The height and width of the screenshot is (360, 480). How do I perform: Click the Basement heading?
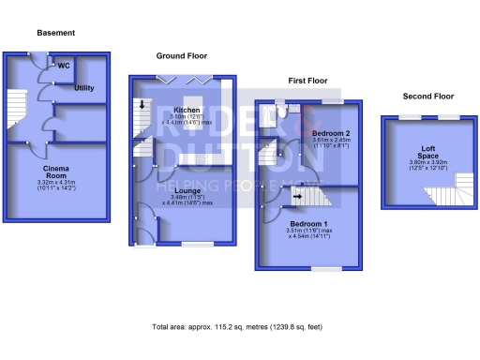pyautogui.click(x=55, y=33)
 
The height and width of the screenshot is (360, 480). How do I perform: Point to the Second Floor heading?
pyautogui.click(x=427, y=96)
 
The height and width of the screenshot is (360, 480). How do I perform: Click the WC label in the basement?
pyautogui.click(x=65, y=66)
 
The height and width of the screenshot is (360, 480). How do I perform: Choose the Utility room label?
pyautogui.click(x=84, y=87)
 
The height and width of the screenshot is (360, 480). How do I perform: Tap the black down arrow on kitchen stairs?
pyautogui.click(x=142, y=104)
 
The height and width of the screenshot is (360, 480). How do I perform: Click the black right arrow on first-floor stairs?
pyautogui.click(x=298, y=197)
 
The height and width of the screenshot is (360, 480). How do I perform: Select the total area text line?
pyautogui.click(x=238, y=327)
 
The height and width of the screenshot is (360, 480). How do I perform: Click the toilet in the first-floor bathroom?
pyautogui.click(x=282, y=112)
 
